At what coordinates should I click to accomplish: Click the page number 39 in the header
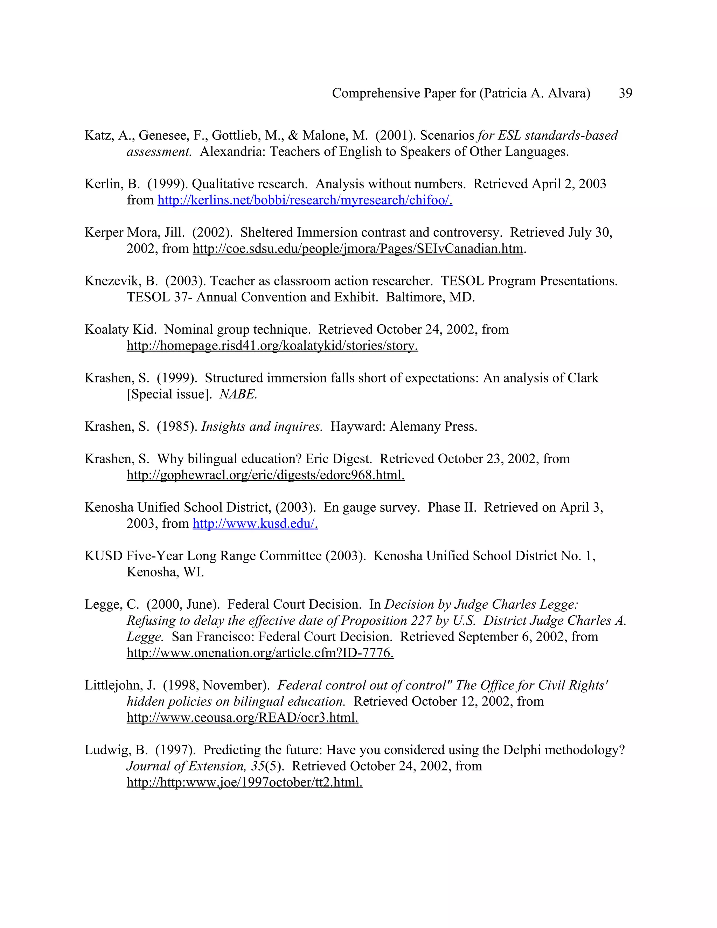(x=625, y=93)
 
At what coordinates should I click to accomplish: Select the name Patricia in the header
(x=504, y=93)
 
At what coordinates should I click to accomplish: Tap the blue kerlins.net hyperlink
(x=305, y=200)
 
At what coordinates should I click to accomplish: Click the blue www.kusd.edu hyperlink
(x=255, y=524)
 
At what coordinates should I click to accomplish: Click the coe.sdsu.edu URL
(x=358, y=249)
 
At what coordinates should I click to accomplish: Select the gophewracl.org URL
(x=265, y=475)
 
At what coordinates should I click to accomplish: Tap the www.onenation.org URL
(x=260, y=653)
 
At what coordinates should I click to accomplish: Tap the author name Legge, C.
(x=111, y=605)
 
